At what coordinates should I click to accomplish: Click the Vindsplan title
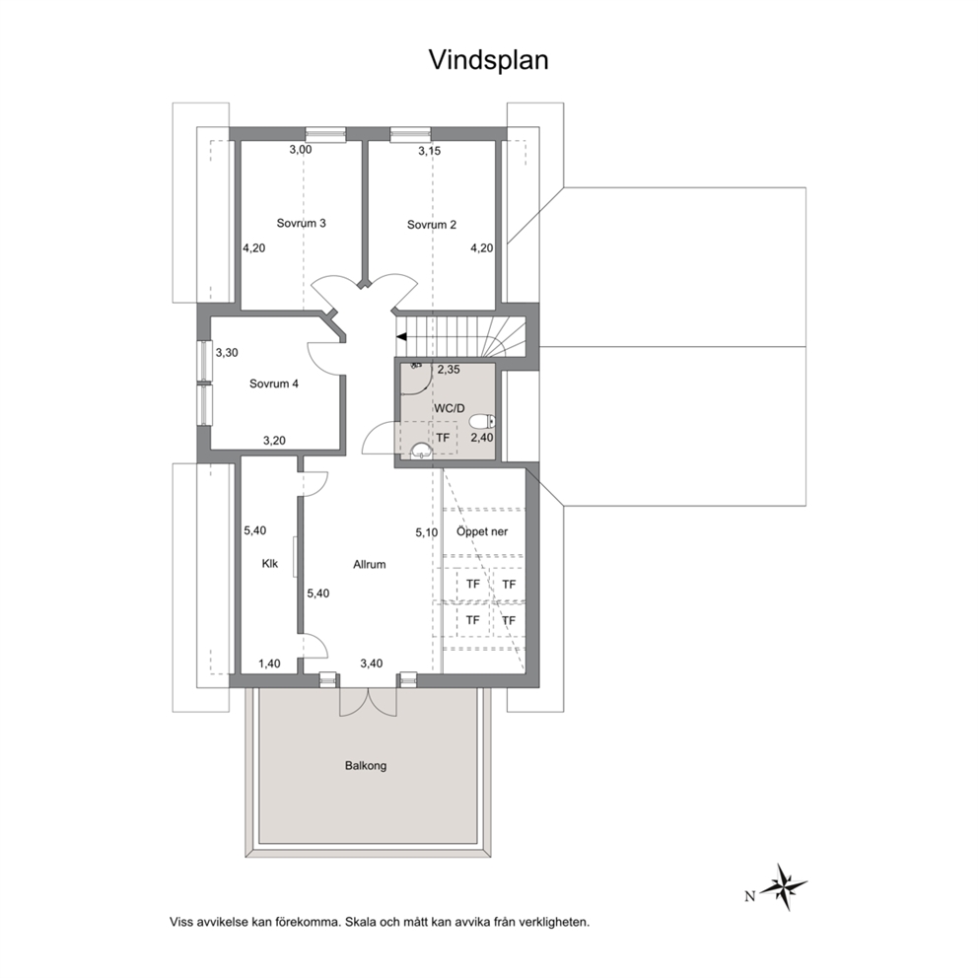pyautogui.click(x=488, y=60)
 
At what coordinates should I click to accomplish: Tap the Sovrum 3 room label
pyautogui.click(x=302, y=223)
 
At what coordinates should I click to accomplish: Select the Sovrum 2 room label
pyautogui.click(x=432, y=225)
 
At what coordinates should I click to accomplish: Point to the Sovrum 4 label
pyautogui.click(x=274, y=384)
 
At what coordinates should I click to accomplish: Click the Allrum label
pyautogui.click(x=370, y=565)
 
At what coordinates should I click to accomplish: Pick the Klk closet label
pyautogui.click(x=269, y=564)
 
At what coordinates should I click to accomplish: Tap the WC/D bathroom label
pyautogui.click(x=450, y=408)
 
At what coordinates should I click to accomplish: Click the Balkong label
pyautogui.click(x=366, y=765)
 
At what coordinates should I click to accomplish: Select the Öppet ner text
pyautogui.click(x=482, y=532)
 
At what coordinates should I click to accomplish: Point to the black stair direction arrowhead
pyautogui.click(x=401, y=337)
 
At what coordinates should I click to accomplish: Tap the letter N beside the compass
pyautogui.click(x=749, y=896)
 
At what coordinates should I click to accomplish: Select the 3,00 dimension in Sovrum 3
pyautogui.click(x=301, y=150)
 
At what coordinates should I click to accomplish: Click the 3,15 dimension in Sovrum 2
pyautogui.click(x=429, y=151)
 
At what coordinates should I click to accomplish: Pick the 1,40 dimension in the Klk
pyautogui.click(x=269, y=664)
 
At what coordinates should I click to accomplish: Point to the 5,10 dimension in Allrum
pyautogui.click(x=427, y=532)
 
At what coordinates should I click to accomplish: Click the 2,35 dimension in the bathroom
pyautogui.click(x=449, y=370)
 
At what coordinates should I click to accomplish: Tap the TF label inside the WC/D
pyautogui.click(x=443, y=438)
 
